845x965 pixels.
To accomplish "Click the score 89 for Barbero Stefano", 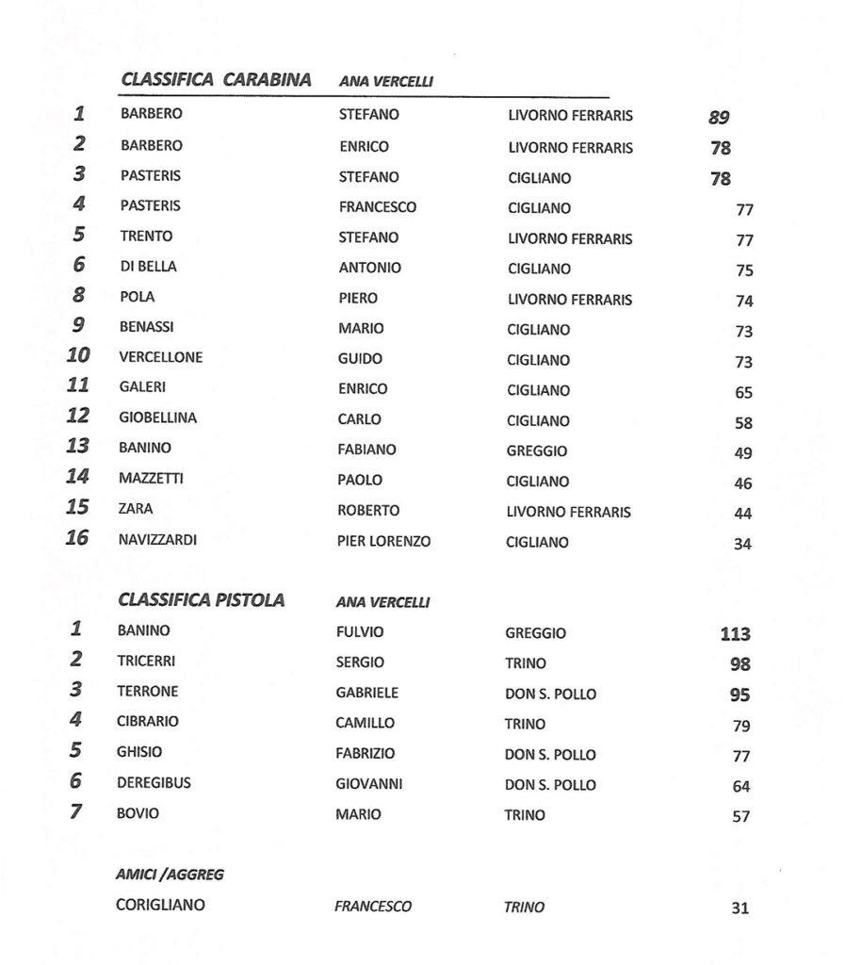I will click(720, 118).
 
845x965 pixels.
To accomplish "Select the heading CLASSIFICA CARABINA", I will click(216, 80).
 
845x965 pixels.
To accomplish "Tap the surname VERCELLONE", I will click(161, 358).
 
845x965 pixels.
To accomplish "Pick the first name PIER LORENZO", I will click(384, 542).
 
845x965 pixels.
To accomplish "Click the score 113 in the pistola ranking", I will click(735, 634).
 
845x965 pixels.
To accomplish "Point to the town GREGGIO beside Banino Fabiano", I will click(537, 450).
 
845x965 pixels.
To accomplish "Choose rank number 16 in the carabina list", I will click(77, 539).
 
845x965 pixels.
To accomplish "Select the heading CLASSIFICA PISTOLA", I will click(202, 599).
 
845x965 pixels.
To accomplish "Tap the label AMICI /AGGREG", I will click(171, 875).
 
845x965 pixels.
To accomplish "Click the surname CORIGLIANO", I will click(160, 906).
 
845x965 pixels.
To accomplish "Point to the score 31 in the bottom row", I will click(739, 909).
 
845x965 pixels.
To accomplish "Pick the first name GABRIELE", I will click(367, 693).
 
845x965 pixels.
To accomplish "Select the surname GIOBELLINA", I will click(158, 417).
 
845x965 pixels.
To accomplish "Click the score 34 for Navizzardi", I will click(742, 544).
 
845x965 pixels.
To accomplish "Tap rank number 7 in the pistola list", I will click(76, 811).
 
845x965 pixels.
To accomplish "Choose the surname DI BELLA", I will click(148, 267).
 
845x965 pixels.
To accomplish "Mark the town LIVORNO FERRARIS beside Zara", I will click(569, 512).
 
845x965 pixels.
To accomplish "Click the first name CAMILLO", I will click(366, 724).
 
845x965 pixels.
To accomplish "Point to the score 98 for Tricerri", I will click(740, 664).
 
